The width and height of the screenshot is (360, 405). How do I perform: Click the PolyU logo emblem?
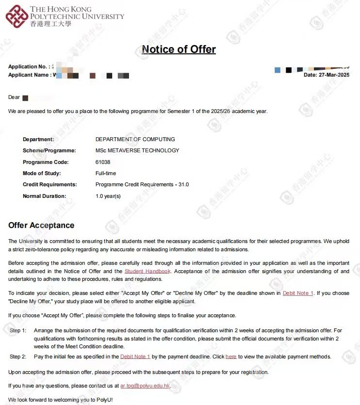click(x=17, y=16)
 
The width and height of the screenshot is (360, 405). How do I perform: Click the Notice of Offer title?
click(x=179, y=49)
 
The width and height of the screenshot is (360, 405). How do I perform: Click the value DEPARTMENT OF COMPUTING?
click(x=135, y=139)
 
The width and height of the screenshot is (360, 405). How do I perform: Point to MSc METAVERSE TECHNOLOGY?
click(x=137, y=150)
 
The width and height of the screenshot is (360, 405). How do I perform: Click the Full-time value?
click(x=106, y=173)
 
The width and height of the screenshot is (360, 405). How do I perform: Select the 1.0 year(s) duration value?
click(x=108, y=196)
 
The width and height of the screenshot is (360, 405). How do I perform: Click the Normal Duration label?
click(x=44, y=196)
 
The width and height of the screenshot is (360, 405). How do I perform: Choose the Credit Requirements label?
click(x=49, y=184)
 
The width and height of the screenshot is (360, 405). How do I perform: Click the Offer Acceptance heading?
click(x=41, y=225)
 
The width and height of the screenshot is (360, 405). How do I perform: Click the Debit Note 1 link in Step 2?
click(x=135, y=356)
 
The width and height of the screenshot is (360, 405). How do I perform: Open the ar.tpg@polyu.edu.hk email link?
click(x=145, y=386)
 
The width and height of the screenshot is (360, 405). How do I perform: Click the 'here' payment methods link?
click(x=231, y=356)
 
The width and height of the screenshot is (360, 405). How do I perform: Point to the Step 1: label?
click(x=18, y=330)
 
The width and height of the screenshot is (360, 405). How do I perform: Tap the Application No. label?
click(x=28, y=66)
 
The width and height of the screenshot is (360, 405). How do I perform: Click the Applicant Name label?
click(x=29, y=75)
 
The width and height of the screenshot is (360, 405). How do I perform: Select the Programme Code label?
click(x=46, y=162)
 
